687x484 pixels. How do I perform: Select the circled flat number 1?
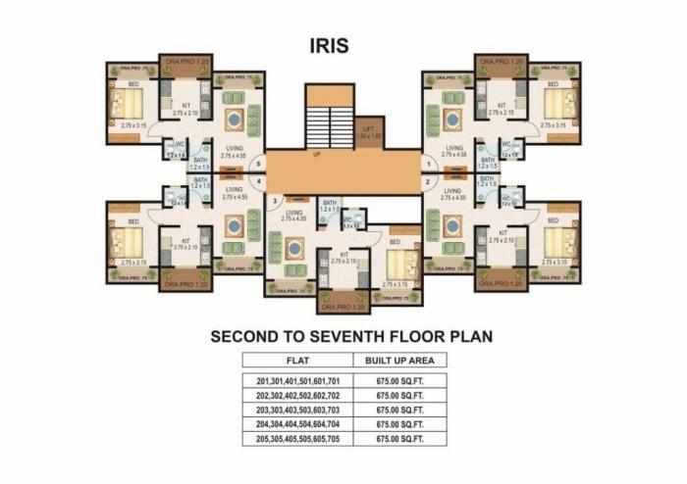click(x=428, y=164)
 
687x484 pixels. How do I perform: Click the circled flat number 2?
click(x=428, y=182)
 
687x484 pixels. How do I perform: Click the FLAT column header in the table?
click(x=297, y=361)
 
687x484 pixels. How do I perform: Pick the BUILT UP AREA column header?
click(x=399, y=361)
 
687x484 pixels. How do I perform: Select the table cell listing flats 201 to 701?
click(x=297, y=380)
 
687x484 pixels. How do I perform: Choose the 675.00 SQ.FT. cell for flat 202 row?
click(x=399, y=396)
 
